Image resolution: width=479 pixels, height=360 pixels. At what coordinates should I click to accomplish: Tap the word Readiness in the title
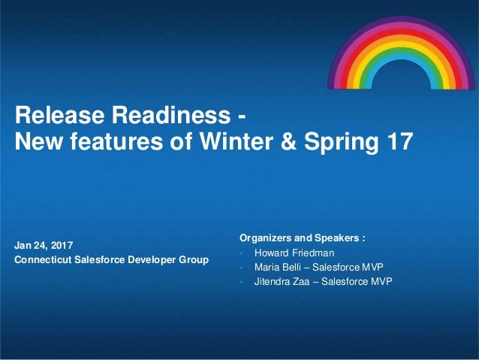171,115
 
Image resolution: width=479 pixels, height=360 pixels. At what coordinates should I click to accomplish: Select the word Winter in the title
236,141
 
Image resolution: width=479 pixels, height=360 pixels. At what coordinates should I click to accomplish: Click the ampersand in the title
288,141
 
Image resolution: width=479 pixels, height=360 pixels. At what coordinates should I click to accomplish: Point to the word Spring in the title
341,143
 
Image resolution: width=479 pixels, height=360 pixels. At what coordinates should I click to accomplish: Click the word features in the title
116,141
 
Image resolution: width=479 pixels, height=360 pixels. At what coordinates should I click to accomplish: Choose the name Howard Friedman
294,253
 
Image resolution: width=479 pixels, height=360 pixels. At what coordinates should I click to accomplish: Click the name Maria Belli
278,267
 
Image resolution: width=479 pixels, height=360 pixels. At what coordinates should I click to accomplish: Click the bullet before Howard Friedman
241,253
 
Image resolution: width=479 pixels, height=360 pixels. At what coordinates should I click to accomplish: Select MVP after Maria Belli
372,267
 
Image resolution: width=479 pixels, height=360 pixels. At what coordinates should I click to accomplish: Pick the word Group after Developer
194,260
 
